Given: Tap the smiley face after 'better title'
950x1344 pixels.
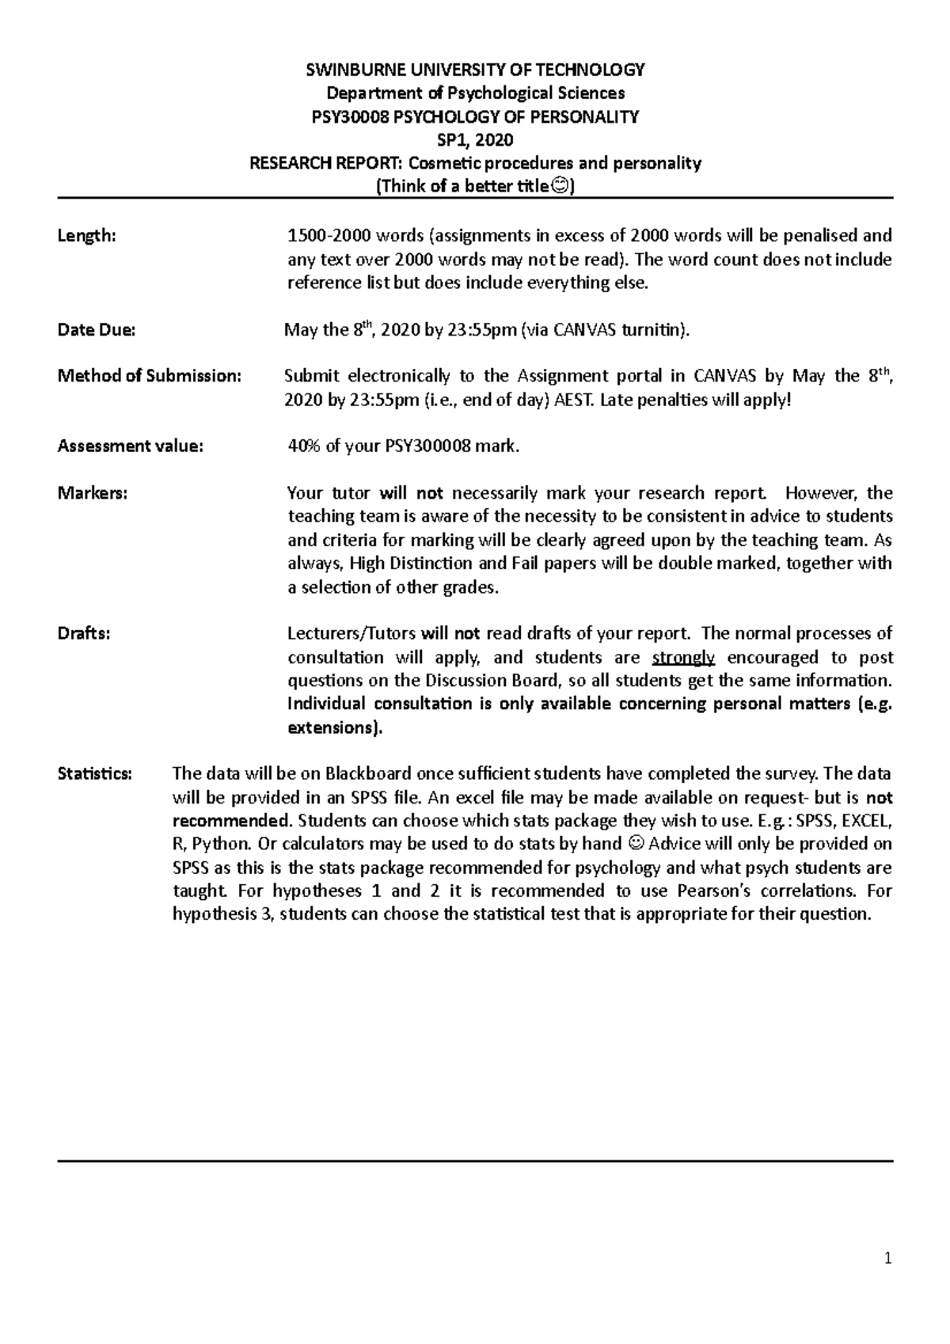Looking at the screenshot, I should (559, 188).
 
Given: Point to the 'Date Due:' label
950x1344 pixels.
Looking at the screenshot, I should (97, 331).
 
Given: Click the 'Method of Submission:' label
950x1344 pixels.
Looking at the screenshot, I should (149, 376).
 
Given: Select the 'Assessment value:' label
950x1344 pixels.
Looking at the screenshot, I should (130, 446).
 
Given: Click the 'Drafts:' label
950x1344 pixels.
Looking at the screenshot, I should (84, 634).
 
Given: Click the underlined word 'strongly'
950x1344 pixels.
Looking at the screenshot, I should (684, 658).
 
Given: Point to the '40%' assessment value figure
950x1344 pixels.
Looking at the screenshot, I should (303, 446).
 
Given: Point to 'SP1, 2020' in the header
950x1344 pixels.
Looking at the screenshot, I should (475, 141).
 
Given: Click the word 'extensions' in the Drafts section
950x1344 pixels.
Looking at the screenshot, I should (330, 728).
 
